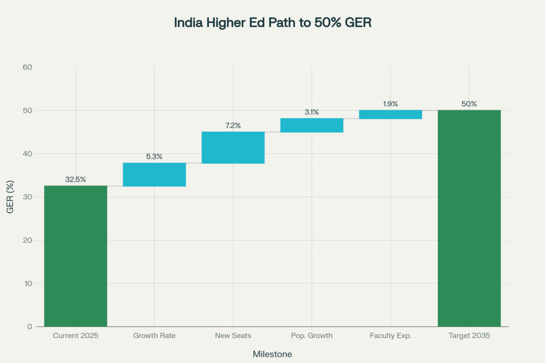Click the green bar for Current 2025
76,256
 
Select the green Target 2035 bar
469,218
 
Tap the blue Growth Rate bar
154,174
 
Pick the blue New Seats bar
233,147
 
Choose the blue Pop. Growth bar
312,125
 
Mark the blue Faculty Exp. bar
391,114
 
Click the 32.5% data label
76,180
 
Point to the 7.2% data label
233,125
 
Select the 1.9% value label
391,104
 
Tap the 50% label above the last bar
469,104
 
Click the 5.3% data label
154,157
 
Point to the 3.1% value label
312,112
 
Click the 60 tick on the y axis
27,67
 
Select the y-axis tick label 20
27,240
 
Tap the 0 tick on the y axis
29,326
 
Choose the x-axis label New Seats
233,336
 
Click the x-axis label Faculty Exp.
391,336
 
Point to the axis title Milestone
272,354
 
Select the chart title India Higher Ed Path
272,23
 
